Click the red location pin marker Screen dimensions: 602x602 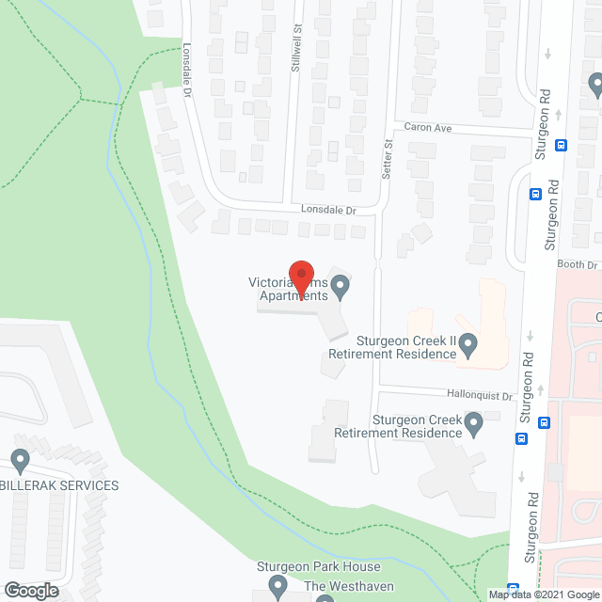[301, 277]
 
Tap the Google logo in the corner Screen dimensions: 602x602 [30, 590]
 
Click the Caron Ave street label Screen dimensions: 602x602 [430, 127]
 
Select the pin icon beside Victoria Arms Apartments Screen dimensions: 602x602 [341, 285]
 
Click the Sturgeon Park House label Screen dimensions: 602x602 [319, 567]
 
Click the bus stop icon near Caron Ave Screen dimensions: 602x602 [562, 145]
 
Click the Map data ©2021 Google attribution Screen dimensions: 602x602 [543, 594]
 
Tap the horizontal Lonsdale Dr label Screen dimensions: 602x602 [329, 210]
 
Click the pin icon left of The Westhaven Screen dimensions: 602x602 [277, 588]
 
